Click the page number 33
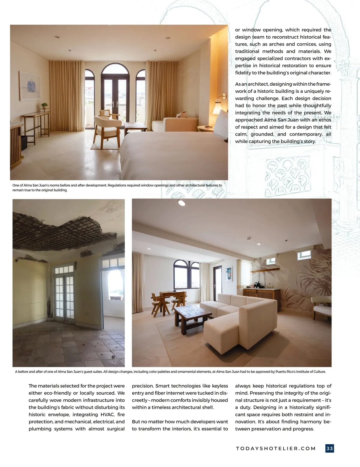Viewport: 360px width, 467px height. pos(329,448)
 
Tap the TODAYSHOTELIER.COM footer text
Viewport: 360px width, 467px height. pos(276,448)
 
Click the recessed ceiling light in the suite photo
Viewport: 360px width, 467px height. pos(181,203)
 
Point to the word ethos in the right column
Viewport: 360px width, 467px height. pos(325,120)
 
